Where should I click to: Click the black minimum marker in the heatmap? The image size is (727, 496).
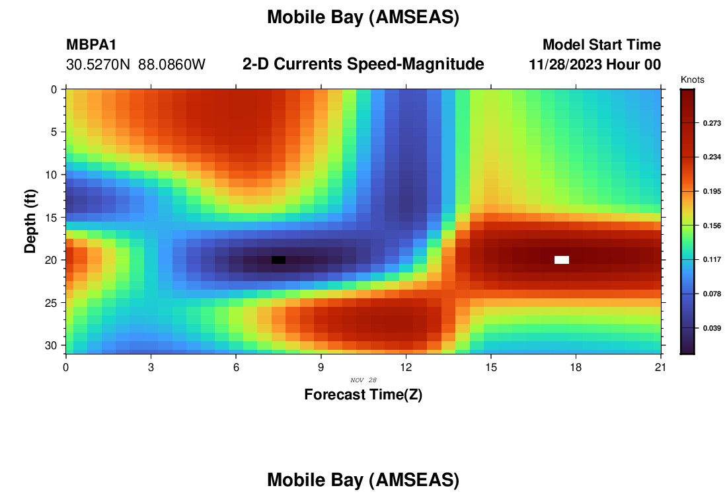coord(278,260)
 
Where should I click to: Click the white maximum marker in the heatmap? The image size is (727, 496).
coord(562,260)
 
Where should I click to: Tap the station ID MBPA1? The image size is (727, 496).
coord(91,45)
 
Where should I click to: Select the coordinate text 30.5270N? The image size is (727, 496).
coord(98,65)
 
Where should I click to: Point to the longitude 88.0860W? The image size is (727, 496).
coord(172,65)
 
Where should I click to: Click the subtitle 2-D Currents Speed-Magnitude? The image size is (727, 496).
coord(363,64)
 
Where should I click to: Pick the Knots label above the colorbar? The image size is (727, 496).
coord(692,79)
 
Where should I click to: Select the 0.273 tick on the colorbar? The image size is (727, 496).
coord(712,123)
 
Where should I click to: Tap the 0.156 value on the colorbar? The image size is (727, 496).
coord(712,226)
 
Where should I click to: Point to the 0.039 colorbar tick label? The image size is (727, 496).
coord(712,328)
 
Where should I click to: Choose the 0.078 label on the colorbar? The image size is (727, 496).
coord(712,294)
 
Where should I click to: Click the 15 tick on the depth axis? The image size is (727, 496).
coord(52,218)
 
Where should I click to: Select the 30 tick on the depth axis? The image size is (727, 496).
coord(52,346)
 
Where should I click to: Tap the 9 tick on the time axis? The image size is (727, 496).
coord(321,368)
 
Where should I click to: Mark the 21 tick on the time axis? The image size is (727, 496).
coord(661,368)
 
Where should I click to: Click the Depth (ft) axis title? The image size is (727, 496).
coord(30,222)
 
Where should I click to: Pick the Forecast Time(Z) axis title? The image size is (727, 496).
coord(363,394)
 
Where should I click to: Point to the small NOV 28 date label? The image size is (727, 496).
coord(363,380)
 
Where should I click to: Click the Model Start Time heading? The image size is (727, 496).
coord(602,44)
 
